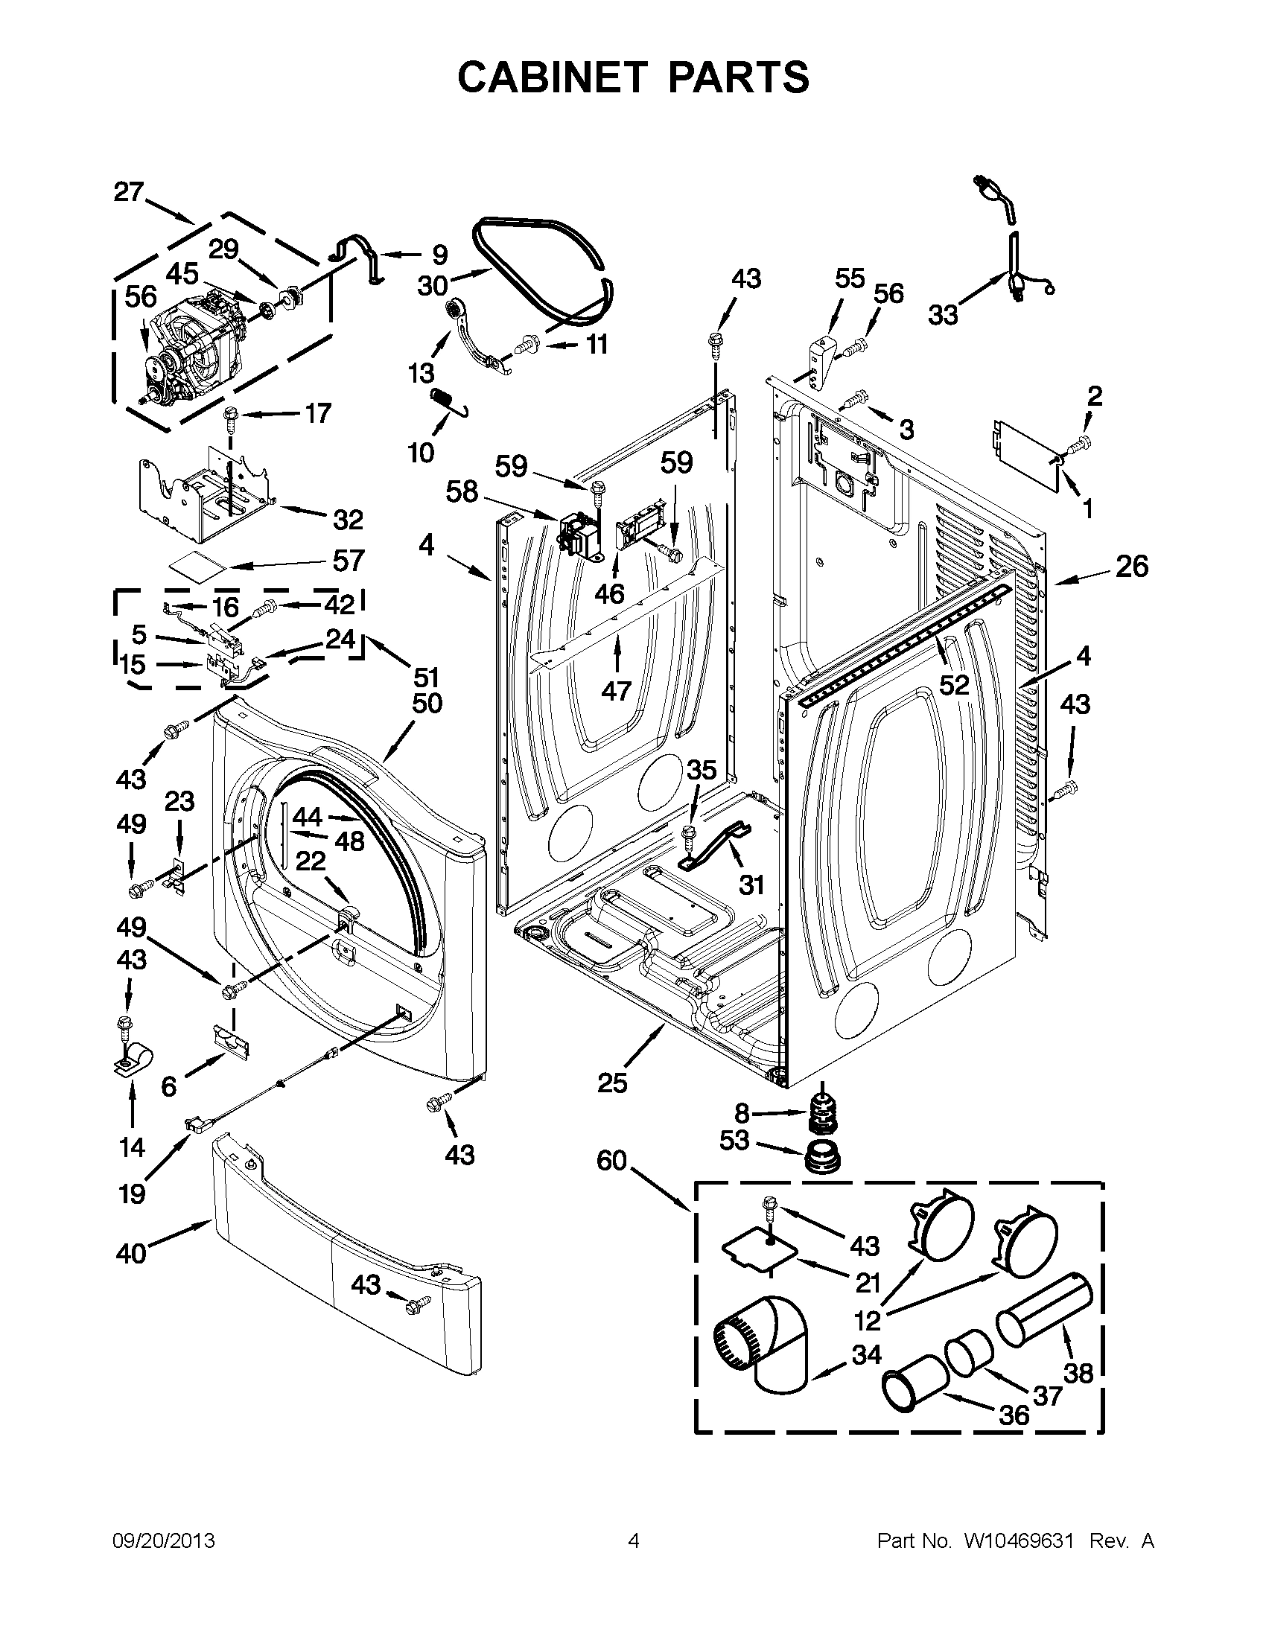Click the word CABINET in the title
point(552,77)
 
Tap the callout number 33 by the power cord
point(943,314)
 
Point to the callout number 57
point(348,560)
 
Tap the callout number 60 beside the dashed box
point(611,1161)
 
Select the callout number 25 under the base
point(612,1083)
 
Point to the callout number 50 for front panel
point(427,704)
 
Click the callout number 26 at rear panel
point(1131,567)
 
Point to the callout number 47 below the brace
point(617,691)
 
